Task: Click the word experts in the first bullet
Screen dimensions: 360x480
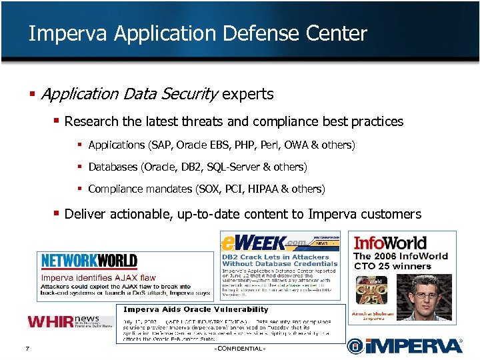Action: [x=248, y=94]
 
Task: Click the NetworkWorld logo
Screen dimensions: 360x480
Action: [x=89, y=261]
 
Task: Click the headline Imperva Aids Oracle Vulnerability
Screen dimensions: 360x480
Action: [x=196, y=309]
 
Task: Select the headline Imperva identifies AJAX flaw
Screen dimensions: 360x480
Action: [x=99, y=277]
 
